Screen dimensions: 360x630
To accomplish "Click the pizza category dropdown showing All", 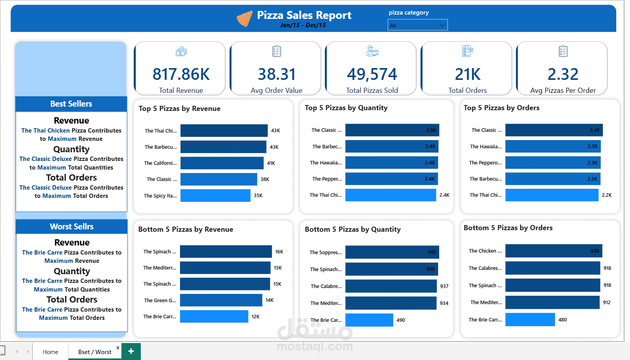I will coord(417,25).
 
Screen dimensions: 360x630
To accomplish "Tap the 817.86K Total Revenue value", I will coord(181,74).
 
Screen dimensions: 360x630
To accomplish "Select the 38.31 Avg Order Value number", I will coord(276,74).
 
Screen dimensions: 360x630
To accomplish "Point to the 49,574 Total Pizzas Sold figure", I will coord(372,74).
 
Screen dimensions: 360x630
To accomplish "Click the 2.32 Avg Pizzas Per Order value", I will coord(563,74).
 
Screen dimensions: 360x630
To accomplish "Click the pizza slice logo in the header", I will coord(244,18).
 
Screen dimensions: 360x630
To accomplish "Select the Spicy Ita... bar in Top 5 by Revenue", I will coord(215,196).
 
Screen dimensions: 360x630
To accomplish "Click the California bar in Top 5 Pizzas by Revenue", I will coord(222,163).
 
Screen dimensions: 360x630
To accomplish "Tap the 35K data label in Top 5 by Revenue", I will coord(258,196).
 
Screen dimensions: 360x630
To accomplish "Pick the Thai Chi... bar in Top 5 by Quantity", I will coord(391,195).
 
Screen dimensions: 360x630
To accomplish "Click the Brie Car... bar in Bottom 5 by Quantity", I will coord(369,320).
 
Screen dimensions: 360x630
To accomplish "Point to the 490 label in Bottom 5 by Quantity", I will coord(401,320).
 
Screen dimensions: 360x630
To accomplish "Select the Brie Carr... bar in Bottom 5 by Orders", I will coord(530,319).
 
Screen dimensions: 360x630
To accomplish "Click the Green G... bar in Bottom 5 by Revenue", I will coord(221,300).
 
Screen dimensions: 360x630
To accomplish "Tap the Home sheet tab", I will coord(50,352).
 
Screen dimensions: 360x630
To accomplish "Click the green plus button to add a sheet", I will coord(131,351).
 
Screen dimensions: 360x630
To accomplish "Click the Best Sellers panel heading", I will coord(71,104).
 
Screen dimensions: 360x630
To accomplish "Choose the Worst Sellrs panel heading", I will coord(72,227).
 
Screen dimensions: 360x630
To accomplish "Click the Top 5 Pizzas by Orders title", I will coord(501,108).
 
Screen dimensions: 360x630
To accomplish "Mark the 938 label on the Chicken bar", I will coord(595,251).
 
